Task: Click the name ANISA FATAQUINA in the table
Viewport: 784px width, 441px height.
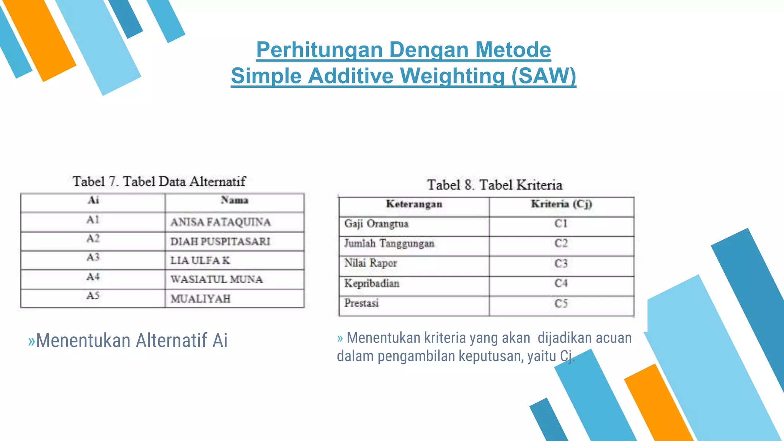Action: pyautogui.click(x=220, y=222)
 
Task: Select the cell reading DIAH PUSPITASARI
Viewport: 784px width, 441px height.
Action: pyautogui.click(x=220, y=242)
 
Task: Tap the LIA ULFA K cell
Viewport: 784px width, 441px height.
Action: pyautogui.click(x=200, y=261)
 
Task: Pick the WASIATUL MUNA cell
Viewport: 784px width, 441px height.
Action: pyautogui.click(x=217, y=279)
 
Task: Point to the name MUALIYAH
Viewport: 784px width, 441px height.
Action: pyautogui.click(x=200, y=299)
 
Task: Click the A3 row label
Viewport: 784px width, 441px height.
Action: pyautogui.click(x=93, y=257)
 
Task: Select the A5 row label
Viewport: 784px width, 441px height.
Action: pyautogui.click(x=93, y=296)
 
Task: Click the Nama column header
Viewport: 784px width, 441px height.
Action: pyautogui.click(x=234, y=200)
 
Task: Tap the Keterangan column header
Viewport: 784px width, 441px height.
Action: pyautogui.click(x=414, y=204)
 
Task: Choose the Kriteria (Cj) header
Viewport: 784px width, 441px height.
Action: pyautogui.click(x=561, y=204)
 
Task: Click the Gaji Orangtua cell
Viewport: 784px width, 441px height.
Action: pyautogui.click(x=376, y=224)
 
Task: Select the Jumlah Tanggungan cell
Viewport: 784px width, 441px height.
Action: pyautogui.click(x=389, y=243)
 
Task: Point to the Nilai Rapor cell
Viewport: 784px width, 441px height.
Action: pyautogui.click(x=370, y=263)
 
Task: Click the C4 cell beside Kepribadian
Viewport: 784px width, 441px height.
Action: pyautogui.click(x=561, y=283)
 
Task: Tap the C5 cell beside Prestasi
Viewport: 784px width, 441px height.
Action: pyautogui.click(x=561, y=304)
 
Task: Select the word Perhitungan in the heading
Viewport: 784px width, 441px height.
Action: pyautogui.click(x=319, y=50)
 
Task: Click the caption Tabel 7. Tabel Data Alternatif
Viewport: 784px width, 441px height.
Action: pyautogui.click(x=159, y=181)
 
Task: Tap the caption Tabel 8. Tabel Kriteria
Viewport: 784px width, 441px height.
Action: pyautogui.click(x=495, y=185)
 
